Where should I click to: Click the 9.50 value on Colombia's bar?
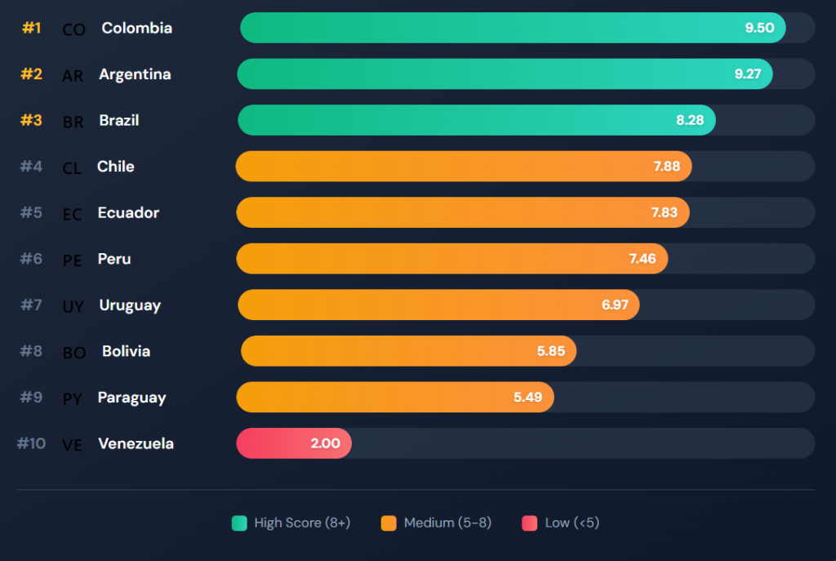(759, 28)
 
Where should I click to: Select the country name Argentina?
(135, 74)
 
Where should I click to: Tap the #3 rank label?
(31, 120)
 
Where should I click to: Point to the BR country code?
(73, 122)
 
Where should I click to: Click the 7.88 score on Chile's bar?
(666, 167)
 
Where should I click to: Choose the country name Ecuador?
(128, 212)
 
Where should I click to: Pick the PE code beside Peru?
(73, 260)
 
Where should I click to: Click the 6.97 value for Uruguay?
(615, 305)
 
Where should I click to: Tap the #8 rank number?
(31, 351)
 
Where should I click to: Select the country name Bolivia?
(126, 351)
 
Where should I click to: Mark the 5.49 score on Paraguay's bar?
(528, 398)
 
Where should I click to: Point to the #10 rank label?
(31, 443)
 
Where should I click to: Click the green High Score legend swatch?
(239, 523)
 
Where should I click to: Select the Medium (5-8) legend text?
(447, 523)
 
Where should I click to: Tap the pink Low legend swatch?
(529, 523)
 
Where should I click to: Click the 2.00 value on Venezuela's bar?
(324, 444)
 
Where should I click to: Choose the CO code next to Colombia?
(73, 29)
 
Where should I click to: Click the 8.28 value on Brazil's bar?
(690, 120)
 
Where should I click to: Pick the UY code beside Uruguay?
(73, 307)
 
